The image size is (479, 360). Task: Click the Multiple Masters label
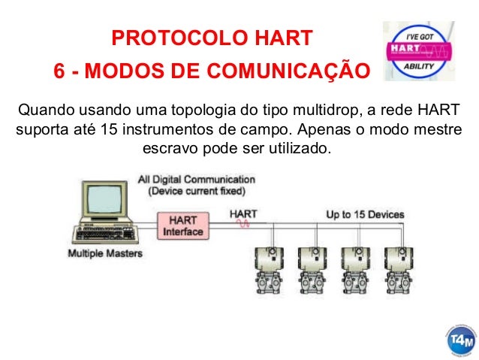tap(105, 254)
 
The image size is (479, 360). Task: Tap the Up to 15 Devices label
tap(366, 214)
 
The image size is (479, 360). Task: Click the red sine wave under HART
tap(244, 224)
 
